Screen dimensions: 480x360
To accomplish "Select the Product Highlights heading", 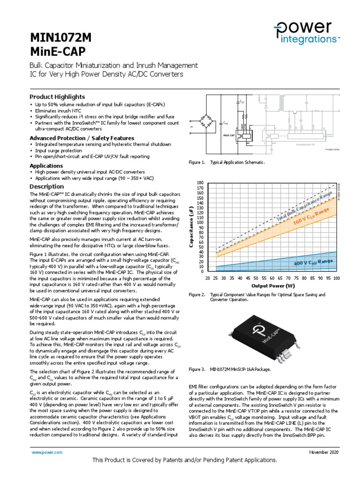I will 57,97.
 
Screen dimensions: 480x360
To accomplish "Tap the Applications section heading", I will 46,166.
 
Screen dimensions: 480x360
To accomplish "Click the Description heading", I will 46,187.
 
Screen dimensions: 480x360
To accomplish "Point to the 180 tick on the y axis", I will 201,182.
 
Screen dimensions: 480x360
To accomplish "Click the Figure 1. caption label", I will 197,162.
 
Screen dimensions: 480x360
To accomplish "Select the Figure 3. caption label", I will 197,369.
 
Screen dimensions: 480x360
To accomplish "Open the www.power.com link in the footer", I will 46,452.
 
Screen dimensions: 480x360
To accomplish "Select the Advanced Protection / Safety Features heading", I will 82,138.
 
